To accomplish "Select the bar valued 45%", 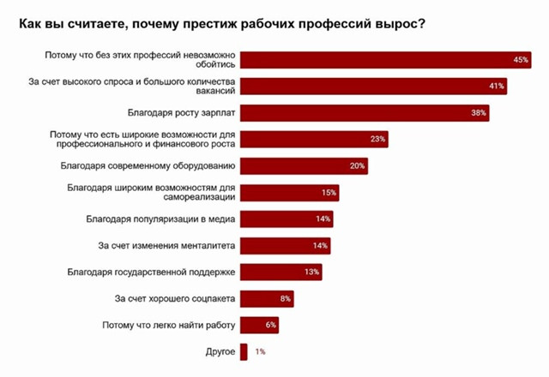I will pos(386,60).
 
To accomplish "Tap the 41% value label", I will pos(496,87).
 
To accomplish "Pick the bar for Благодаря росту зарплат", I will pos(365,113).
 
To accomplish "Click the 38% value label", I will pos(479,113).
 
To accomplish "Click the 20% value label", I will pos(358,165).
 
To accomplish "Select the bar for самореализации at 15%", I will pos(290,192).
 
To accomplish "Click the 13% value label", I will pos(312,272).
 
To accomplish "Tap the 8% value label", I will pos(287,299).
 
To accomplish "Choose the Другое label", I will pos(220,351).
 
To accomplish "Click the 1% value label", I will pos(260,351).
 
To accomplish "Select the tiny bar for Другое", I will pos(244,351).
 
